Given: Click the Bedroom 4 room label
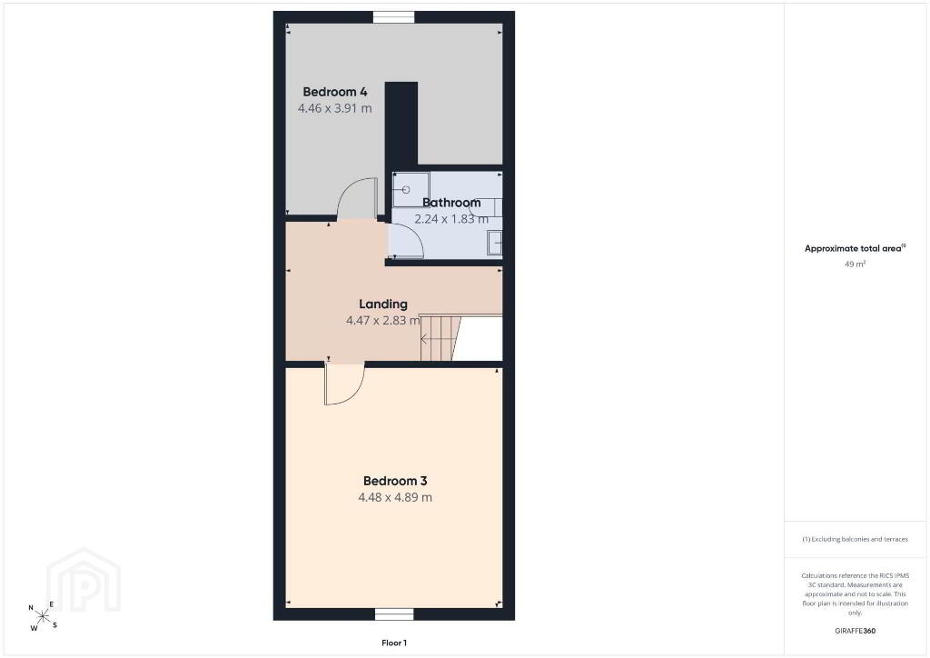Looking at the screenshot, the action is [335, 92].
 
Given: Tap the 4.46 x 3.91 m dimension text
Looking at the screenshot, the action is [335, 108].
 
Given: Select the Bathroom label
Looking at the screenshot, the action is [451, 203].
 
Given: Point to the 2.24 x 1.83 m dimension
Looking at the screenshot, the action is [451, 219].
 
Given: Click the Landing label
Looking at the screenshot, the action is [383, 304].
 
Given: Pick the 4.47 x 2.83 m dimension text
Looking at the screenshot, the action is [383, 321].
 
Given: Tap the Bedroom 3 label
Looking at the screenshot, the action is [395, 481].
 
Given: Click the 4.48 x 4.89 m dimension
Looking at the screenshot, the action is [395, 498].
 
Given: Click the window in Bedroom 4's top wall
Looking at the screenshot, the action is [394, 17].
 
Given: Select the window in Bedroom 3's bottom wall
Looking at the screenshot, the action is [394, 614].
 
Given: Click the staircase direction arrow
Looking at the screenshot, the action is [425, 340].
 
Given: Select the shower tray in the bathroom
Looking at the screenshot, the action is [411, 190].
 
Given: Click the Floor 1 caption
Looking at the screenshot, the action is [394, 643].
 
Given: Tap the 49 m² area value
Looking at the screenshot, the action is [855, 264].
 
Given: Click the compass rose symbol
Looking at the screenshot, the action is [43, 616].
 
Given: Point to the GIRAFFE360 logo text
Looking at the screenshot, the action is [855, 631].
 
